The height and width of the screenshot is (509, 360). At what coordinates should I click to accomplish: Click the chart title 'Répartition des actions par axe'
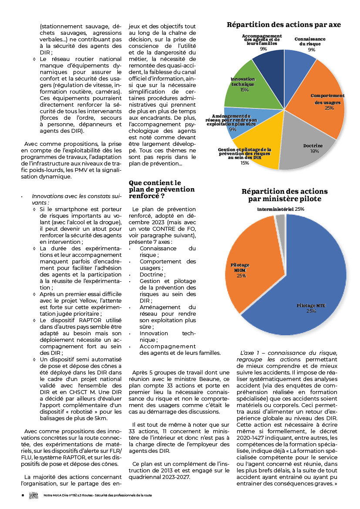[x=283, y=24]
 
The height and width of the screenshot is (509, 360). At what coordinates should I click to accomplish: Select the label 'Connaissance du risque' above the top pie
[x=310, y=41]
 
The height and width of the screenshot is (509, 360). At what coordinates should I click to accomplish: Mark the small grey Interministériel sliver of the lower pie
[x=280, y=220]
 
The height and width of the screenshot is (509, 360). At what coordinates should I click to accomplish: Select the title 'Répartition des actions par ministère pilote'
[x=285, y=195]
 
